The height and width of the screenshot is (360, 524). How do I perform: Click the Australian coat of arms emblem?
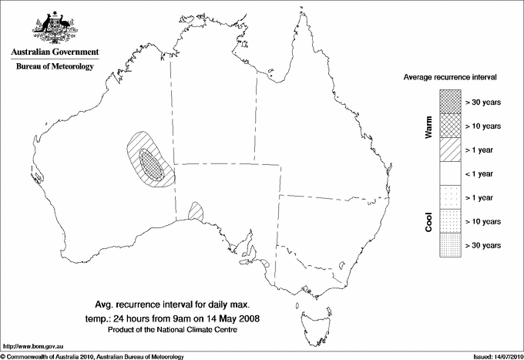(x=54, y=28)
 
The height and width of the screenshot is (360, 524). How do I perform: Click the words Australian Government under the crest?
(x=54, y=52)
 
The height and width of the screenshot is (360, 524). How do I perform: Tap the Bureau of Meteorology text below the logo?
(x=54, y=67)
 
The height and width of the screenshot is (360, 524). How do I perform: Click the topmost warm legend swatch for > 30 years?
(x=449, y=101)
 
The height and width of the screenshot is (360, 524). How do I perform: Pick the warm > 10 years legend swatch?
(x=449, y=125)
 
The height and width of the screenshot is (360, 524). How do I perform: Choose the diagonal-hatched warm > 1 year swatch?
(x=449, y=149)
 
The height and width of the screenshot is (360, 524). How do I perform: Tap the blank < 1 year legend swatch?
(x=449, y=173)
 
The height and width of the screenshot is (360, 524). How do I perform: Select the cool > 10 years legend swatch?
(x=449, y=220)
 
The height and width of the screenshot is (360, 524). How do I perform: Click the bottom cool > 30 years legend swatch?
(x=449, y=244)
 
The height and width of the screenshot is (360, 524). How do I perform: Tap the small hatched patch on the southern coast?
(x=195, y=210)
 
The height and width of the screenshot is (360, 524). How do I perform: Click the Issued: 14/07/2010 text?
(x=492, y=356)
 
